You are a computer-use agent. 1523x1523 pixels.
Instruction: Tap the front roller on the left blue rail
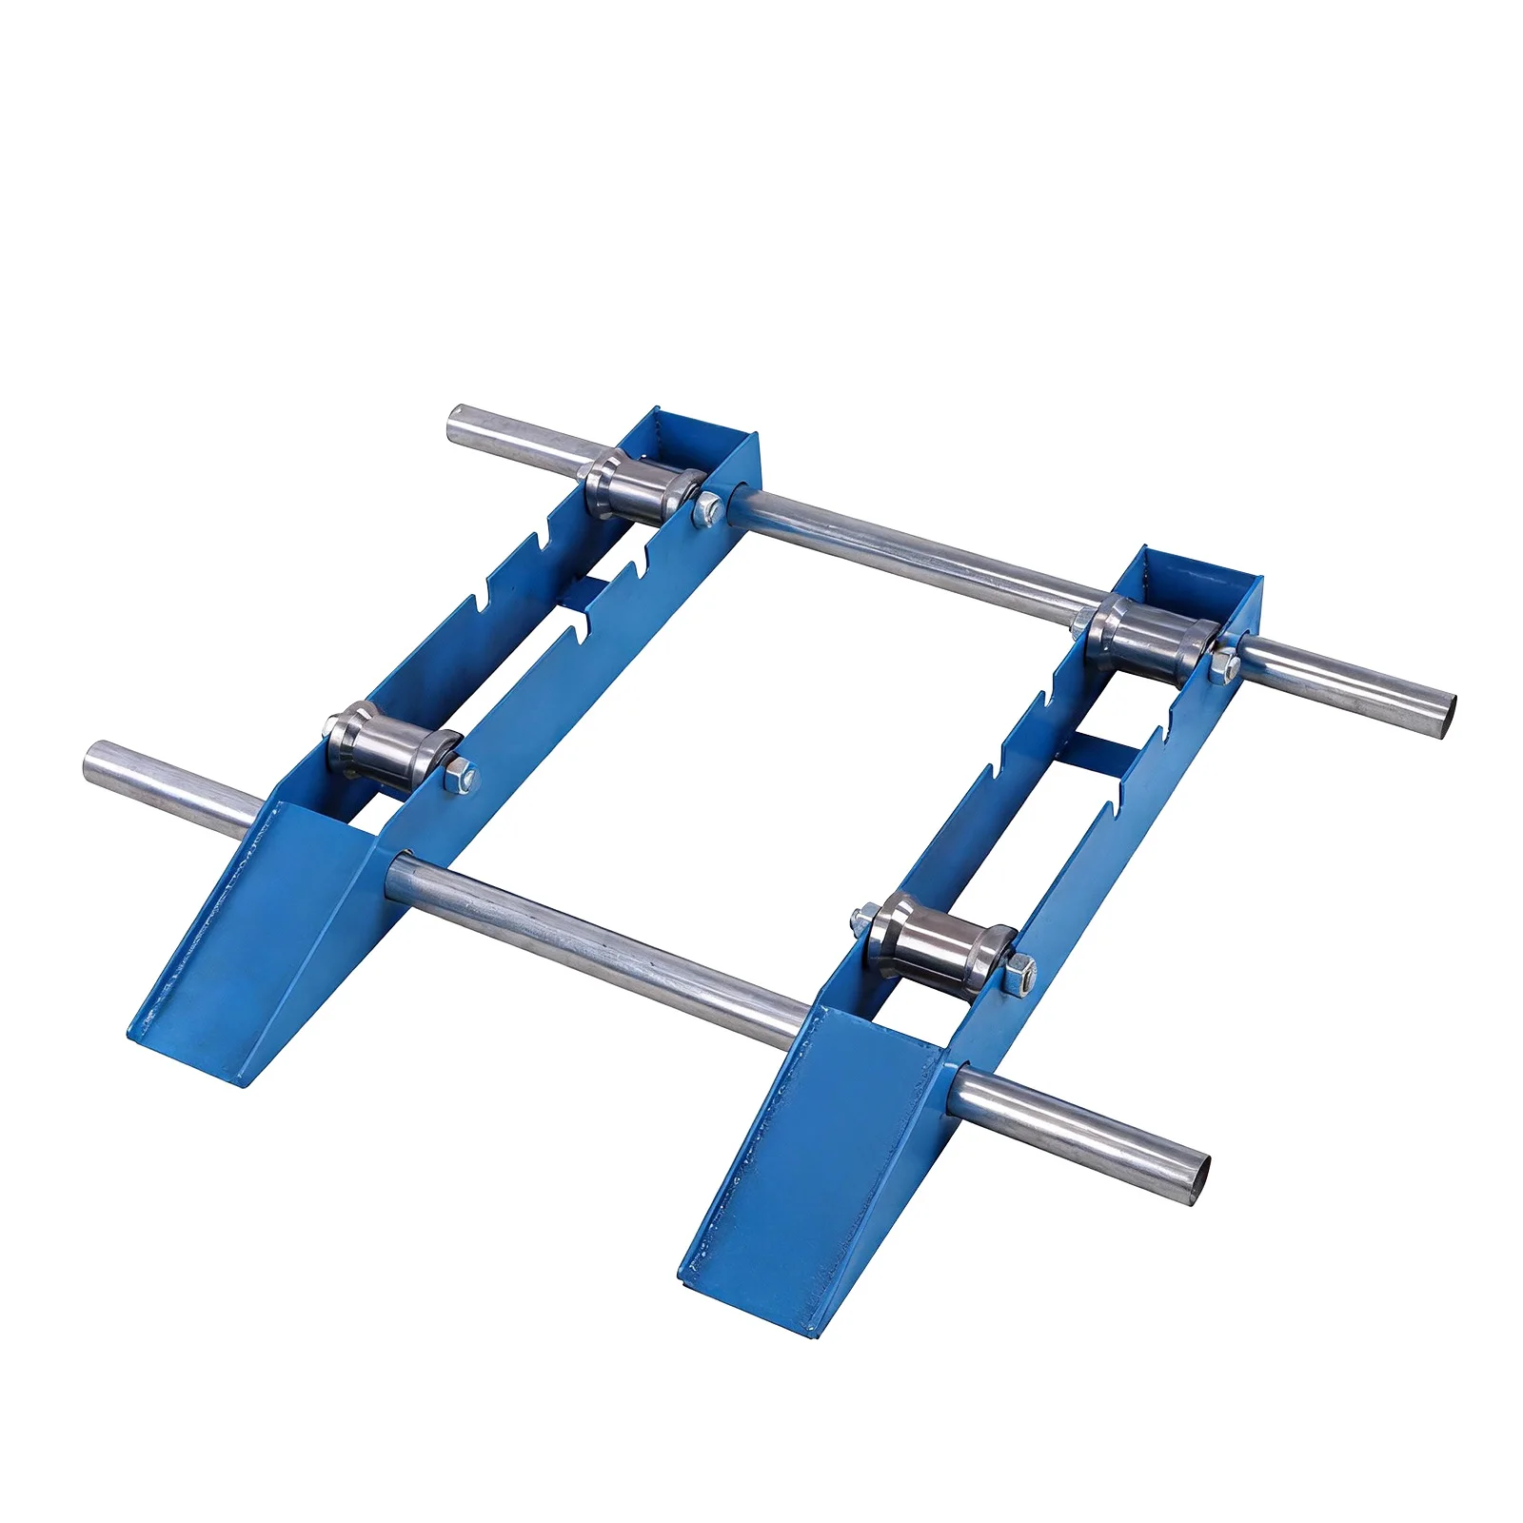(390, 752)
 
